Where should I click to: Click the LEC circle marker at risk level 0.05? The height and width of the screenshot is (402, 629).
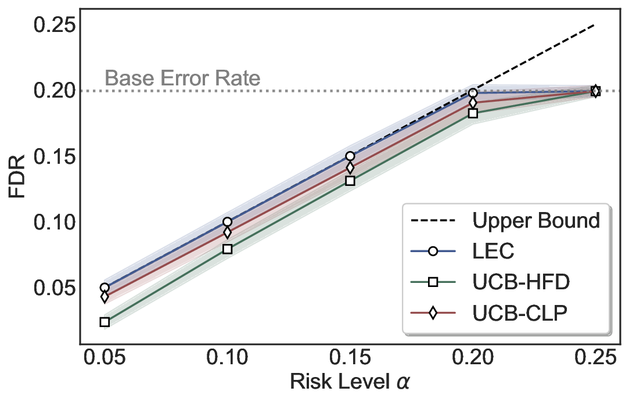105,288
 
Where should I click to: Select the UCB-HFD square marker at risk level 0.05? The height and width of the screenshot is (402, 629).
105,322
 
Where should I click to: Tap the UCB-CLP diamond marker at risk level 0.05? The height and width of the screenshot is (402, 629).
105,297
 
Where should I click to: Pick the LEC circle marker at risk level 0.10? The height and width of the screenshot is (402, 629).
227,222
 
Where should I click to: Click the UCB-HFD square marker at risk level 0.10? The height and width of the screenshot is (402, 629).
227,249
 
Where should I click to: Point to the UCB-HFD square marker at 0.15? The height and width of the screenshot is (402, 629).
350,181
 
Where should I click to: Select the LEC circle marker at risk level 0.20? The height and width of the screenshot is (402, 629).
473,93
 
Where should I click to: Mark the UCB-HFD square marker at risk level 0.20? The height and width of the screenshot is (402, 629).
473,113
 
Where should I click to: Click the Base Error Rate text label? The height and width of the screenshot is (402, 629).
182,78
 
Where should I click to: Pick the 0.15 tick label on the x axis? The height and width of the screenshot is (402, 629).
350,357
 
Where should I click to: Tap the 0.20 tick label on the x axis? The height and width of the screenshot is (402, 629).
473,357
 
